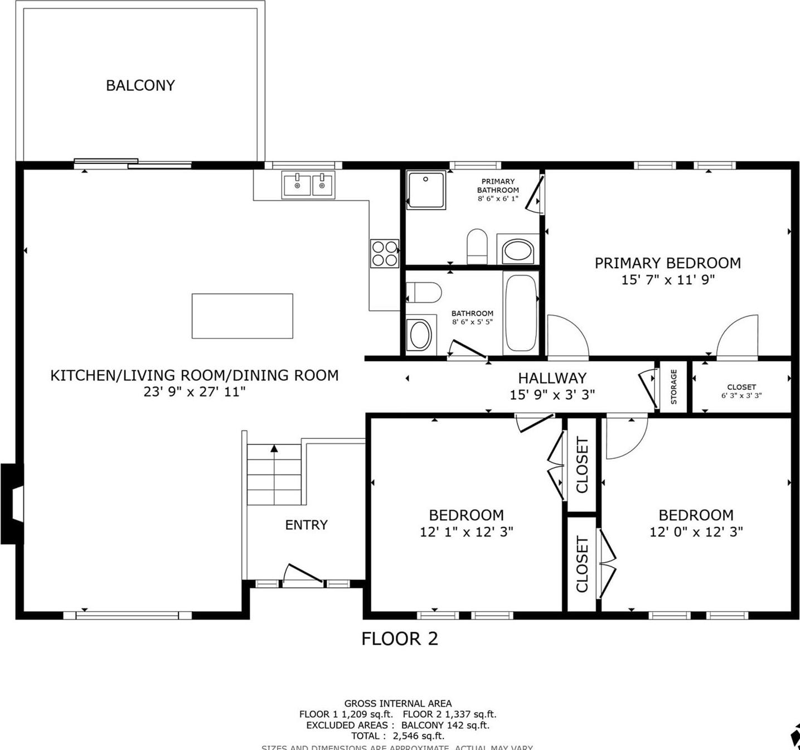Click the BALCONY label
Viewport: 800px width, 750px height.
point(140,85)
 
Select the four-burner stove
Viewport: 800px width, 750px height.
point(385,253)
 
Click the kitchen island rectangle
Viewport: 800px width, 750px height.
point(242,316)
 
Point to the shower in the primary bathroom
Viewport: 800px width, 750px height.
point(425,190)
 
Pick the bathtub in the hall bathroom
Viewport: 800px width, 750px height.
point(521,312)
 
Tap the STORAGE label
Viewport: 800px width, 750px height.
point(673,386)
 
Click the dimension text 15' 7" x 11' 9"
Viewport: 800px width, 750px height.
point(668,280)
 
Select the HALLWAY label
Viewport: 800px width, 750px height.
point(552,378)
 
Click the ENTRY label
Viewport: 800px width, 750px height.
point(306,525)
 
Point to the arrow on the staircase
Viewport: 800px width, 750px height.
point(274,448)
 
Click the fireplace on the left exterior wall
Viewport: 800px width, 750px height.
point(12,504)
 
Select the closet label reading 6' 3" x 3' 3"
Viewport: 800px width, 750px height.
point(741,395)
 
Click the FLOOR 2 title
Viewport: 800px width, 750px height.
point(399,638)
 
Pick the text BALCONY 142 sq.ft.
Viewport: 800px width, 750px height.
point(445,725)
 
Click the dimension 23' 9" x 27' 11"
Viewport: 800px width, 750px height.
point(195,392)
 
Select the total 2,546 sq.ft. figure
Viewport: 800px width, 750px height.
point(418,736)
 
